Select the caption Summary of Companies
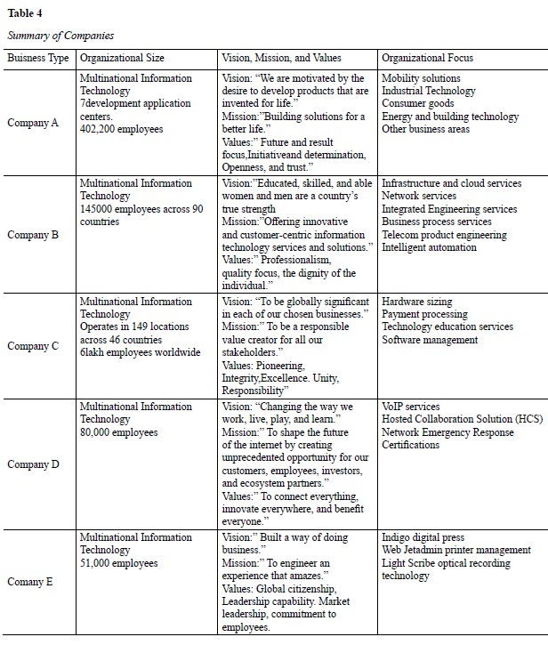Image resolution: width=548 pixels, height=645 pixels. click(x=61, y=36)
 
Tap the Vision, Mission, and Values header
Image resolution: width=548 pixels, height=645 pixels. click(x=281, y=58)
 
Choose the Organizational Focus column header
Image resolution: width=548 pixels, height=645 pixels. click(x=427, y=58)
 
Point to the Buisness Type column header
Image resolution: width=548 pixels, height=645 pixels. click(x=38, y=58)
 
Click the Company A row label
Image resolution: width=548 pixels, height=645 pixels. click(x=33, y=123)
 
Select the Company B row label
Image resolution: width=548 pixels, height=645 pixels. click(x=33, y=235)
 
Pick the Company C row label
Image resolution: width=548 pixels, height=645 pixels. click(x=33, y=346)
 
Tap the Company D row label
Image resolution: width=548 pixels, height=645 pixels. click(x=33, y=464)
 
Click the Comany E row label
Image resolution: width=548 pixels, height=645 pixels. click(x=33, y=582)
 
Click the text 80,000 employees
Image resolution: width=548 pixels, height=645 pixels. click(x=119, y=432)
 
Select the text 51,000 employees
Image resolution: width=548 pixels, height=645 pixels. click(x=119, y=563)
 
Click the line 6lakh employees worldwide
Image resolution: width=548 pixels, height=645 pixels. click(x=141, y=353)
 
